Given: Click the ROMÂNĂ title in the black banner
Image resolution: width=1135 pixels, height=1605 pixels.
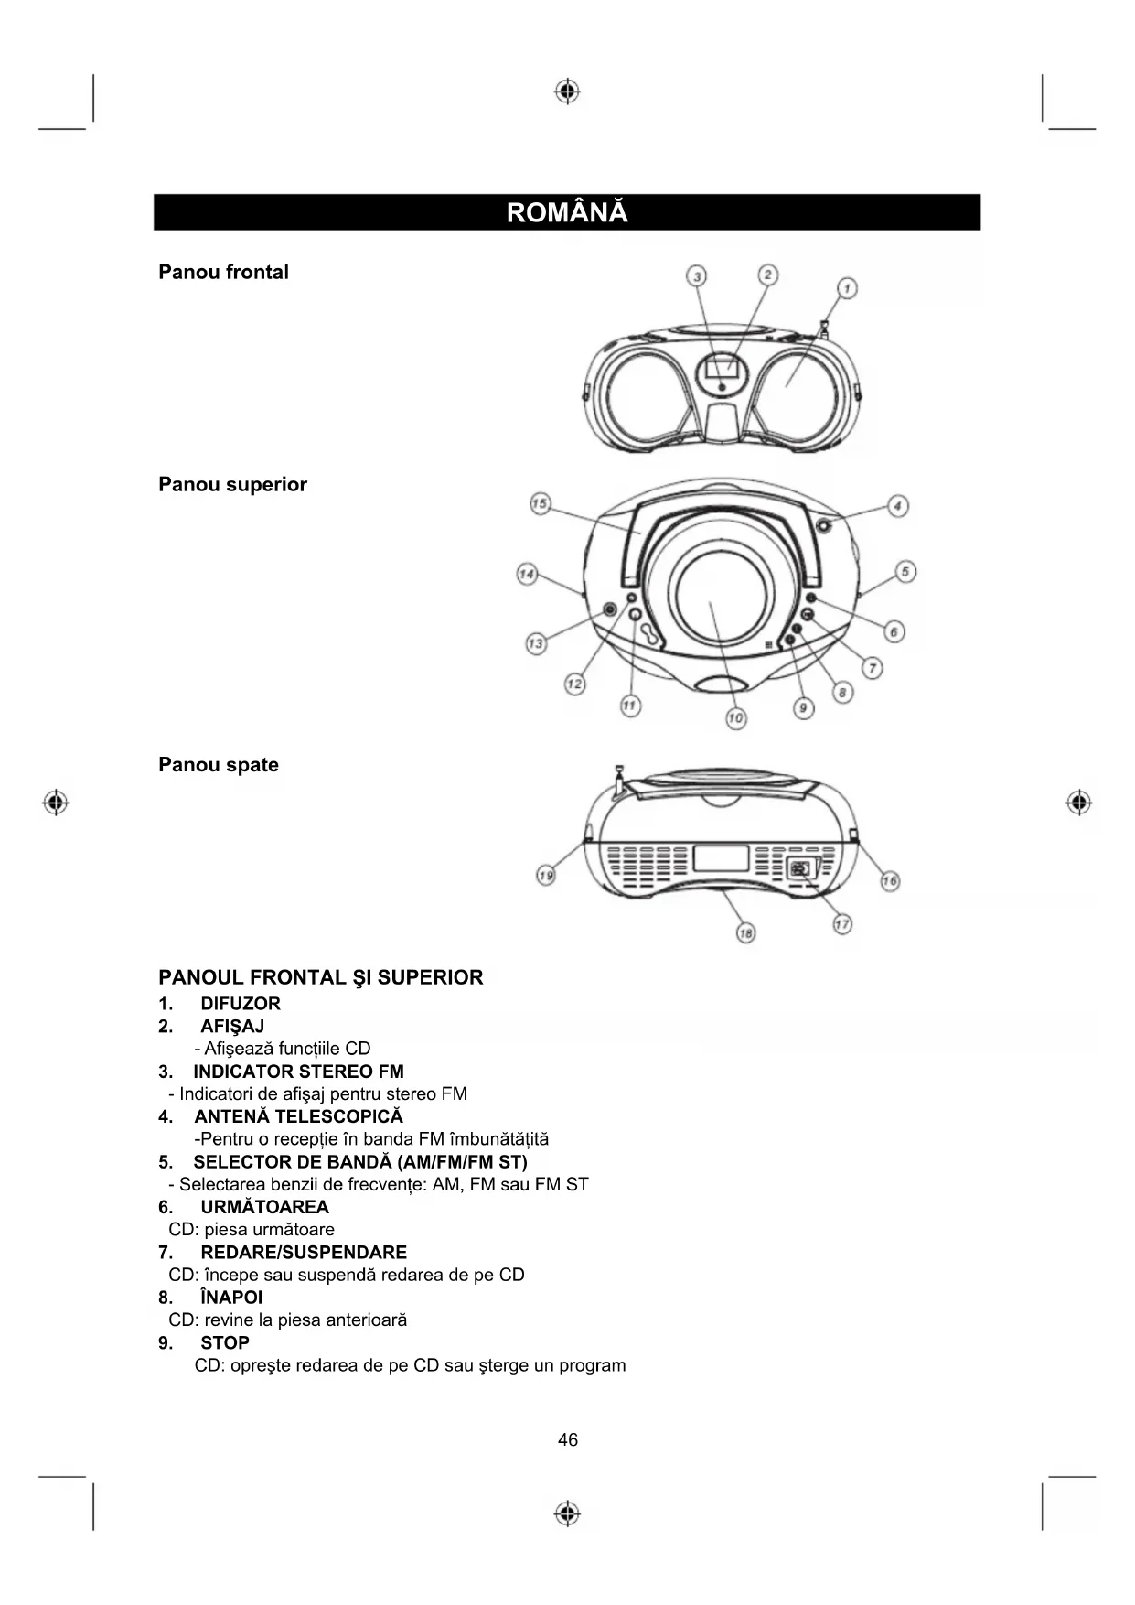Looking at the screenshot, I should click(567, 212).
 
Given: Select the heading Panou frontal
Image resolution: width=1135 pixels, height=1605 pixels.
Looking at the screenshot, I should click(223, 272).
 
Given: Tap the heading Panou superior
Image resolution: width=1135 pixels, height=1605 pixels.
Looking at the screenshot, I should click(232, 484).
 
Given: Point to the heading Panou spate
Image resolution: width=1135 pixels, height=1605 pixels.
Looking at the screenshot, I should click(219, 765).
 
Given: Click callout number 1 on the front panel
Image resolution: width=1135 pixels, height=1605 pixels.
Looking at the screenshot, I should click(847, 289).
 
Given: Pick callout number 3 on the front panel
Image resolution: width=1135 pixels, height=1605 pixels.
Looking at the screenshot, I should click(698, 276).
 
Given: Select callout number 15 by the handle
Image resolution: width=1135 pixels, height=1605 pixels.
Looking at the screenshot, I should click(540, 504).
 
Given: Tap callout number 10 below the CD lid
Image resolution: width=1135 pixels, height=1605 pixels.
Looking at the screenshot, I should click(735, 718).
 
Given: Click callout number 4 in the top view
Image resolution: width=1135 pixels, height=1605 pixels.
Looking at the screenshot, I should click(898, 506).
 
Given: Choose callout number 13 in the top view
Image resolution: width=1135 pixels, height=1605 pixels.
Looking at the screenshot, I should click(535, 643).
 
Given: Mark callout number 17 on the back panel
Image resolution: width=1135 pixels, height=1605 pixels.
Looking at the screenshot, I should click(842, 924).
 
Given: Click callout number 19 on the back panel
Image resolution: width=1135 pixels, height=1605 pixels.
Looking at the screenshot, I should click(546, 876).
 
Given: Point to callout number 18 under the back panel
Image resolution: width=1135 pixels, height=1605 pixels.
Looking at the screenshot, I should click(745, 933).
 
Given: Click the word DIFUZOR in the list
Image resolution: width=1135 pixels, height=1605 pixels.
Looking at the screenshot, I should click(241, 1004).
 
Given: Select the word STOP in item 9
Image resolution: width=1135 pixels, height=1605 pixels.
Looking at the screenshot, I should click(225, 1343).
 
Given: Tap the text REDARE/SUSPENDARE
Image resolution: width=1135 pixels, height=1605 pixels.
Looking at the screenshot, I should click(304, 1253).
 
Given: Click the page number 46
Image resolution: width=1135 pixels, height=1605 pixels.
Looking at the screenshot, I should click(568, 1440).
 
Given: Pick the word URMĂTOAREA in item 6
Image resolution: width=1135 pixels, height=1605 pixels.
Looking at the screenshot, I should click(264, 1207).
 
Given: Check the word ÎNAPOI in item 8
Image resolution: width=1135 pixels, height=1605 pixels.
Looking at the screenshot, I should click(231, 1298).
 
